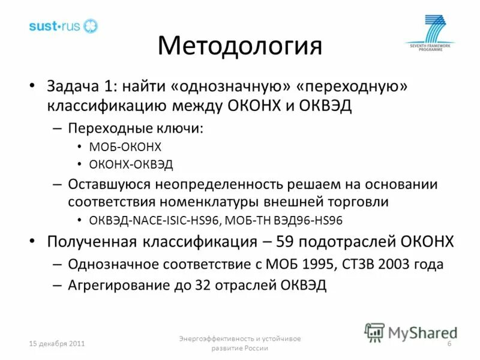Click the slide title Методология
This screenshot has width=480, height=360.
pyautogui.click(x=239, y=46)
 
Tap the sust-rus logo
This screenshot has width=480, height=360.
pyautogui.click(x=63, y=26)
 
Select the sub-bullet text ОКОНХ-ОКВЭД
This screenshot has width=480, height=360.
pyautogui.click(x=130, y=163)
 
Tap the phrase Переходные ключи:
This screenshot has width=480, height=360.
pyautogui.click(x=135, y=128)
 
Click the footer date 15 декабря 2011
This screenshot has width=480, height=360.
pyautogui.click(x=58, y=344)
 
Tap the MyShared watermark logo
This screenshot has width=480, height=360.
pyautogui.click(x=412, y=332)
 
